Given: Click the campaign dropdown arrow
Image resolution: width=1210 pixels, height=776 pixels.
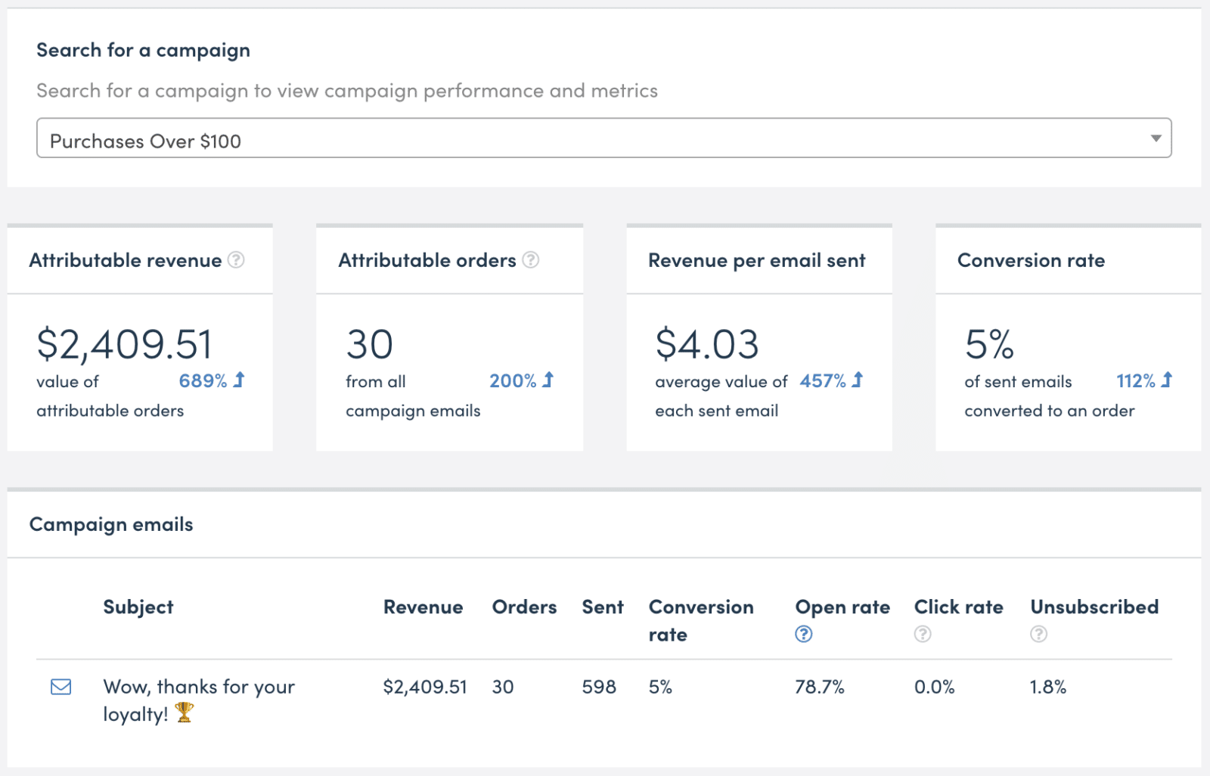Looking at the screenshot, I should [x=1156, y=138].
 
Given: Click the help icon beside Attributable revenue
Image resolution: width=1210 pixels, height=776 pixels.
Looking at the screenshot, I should [x=237, y=260].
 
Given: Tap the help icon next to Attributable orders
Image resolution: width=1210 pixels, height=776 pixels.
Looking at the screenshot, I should [x=531, y=260].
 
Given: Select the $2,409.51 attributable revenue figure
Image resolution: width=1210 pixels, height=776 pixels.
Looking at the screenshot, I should [x=125, y=344].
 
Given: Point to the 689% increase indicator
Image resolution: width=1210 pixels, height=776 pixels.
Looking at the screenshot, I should [x=212, y=380].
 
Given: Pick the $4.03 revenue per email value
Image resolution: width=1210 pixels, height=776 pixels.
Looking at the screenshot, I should [x=707, y=344].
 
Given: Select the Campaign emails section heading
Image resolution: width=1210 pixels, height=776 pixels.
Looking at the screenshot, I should [x=111, y=524].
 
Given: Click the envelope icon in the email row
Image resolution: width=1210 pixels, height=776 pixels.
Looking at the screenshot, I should [x=61, y=687].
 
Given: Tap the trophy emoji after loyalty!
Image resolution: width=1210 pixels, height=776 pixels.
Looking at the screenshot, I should [x=185, y=712].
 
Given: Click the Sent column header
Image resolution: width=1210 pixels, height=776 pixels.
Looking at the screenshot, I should [x=603, y=607].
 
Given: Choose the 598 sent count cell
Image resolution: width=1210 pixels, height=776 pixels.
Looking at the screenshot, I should [x=599, y=687].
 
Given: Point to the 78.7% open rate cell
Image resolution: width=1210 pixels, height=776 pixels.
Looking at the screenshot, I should [x=820, y=687].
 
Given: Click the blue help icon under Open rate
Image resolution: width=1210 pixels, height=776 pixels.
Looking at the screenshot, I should [x=804, y=635].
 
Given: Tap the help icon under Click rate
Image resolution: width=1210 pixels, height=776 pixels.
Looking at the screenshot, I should [x=923, y=635].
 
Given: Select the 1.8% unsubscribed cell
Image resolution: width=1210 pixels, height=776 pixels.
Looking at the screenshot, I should [x=1048, y=687].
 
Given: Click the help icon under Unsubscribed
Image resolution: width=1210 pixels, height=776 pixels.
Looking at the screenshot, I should [x=1039, y=635].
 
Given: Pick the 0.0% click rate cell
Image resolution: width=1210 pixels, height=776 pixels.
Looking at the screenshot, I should [x=935, y=687].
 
